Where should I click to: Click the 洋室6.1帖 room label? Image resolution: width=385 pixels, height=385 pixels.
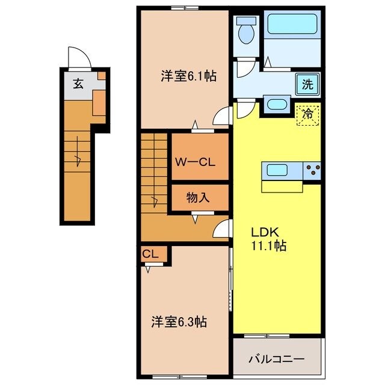click(x=188, y=76)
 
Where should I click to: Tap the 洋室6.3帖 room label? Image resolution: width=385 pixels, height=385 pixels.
click(x=179, y=322)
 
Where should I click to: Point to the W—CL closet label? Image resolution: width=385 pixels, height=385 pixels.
click(x=196, y=162)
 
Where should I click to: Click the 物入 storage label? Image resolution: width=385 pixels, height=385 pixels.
click(x=198, y=197)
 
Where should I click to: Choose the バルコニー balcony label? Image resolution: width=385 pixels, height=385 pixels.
click(x=277, y=359)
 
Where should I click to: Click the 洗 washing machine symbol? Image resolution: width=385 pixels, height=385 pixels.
click(x=307, y=84)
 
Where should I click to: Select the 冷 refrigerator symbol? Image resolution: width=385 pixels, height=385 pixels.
click(x=307, y=112)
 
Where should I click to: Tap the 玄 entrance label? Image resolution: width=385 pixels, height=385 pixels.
click(x=78, y=84)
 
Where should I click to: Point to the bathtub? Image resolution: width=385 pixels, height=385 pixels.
click(x=294, y=25)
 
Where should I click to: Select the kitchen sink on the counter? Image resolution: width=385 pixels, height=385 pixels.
click(x=277, y=170)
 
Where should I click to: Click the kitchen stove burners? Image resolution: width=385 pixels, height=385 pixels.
click(x=312, y=171)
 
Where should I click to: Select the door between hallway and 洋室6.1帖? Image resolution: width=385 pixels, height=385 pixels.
click(x=223, y=115)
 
